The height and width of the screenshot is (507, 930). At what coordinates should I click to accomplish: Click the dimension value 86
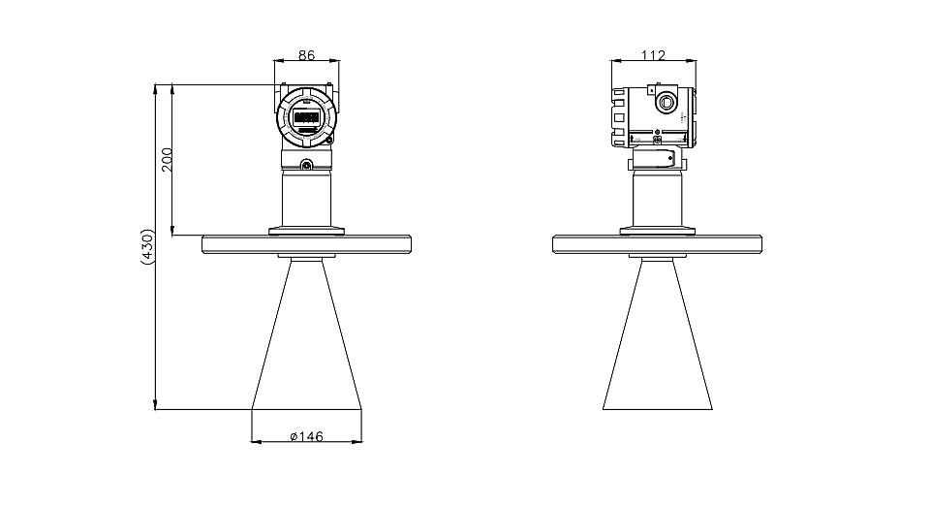[306, 55]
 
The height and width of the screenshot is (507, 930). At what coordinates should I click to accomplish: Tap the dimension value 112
[654, 55]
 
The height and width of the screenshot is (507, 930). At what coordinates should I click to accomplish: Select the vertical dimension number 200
[167, 160]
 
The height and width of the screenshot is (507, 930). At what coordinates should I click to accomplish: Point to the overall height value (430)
[147, 246]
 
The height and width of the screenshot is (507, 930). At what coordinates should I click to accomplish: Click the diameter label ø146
[307, 437]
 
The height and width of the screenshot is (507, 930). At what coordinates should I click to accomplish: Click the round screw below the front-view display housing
[307, 165]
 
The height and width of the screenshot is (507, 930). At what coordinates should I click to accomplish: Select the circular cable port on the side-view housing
[666, 102]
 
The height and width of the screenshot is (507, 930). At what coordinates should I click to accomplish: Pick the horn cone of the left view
[307, 334]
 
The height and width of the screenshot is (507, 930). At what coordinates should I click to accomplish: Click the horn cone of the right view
[657, 334]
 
